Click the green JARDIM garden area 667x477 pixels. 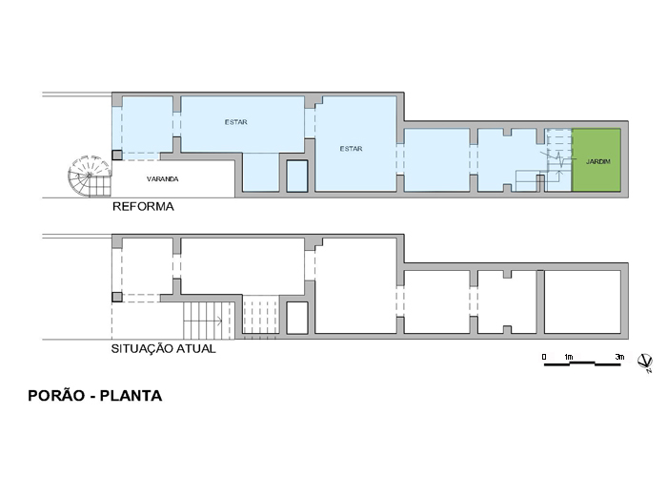[596, 159]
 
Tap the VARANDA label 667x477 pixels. [163, 179]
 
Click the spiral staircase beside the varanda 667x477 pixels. [90, 176]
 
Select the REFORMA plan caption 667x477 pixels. [143, 207]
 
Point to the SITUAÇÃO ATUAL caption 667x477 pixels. [163, 349]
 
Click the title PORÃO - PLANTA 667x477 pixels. [95, 396]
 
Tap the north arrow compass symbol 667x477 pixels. [645, 362]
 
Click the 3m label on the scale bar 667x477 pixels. [619, 357]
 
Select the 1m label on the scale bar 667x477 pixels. [568, 357]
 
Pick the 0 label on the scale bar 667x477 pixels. [544, 357]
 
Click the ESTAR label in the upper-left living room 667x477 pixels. [236, 122]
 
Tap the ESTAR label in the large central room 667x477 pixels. [351, 149]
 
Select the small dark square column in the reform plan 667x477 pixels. [117, 155]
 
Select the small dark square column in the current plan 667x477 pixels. [117, 297]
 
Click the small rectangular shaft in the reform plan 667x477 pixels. [297, 176]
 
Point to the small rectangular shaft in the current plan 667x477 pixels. [297, 318]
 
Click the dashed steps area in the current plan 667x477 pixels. [260, 317]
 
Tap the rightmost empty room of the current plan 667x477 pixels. [582, 301]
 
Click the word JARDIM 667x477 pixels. [598, 162]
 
